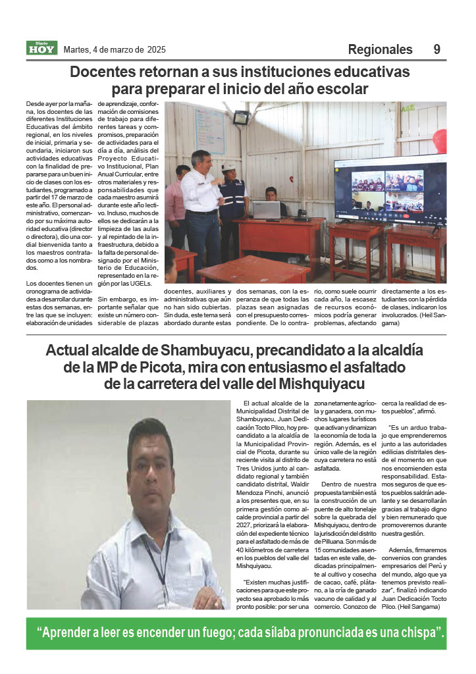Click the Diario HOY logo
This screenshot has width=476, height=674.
(42, 48)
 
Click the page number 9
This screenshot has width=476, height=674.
(437, 50)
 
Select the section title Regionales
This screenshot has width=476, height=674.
(380, 50)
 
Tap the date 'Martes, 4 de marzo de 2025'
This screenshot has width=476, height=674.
(115, 50)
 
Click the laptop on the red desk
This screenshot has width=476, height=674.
(266, 210)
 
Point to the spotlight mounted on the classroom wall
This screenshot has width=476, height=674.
(241, 118)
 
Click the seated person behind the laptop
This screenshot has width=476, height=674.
(270, 196)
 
